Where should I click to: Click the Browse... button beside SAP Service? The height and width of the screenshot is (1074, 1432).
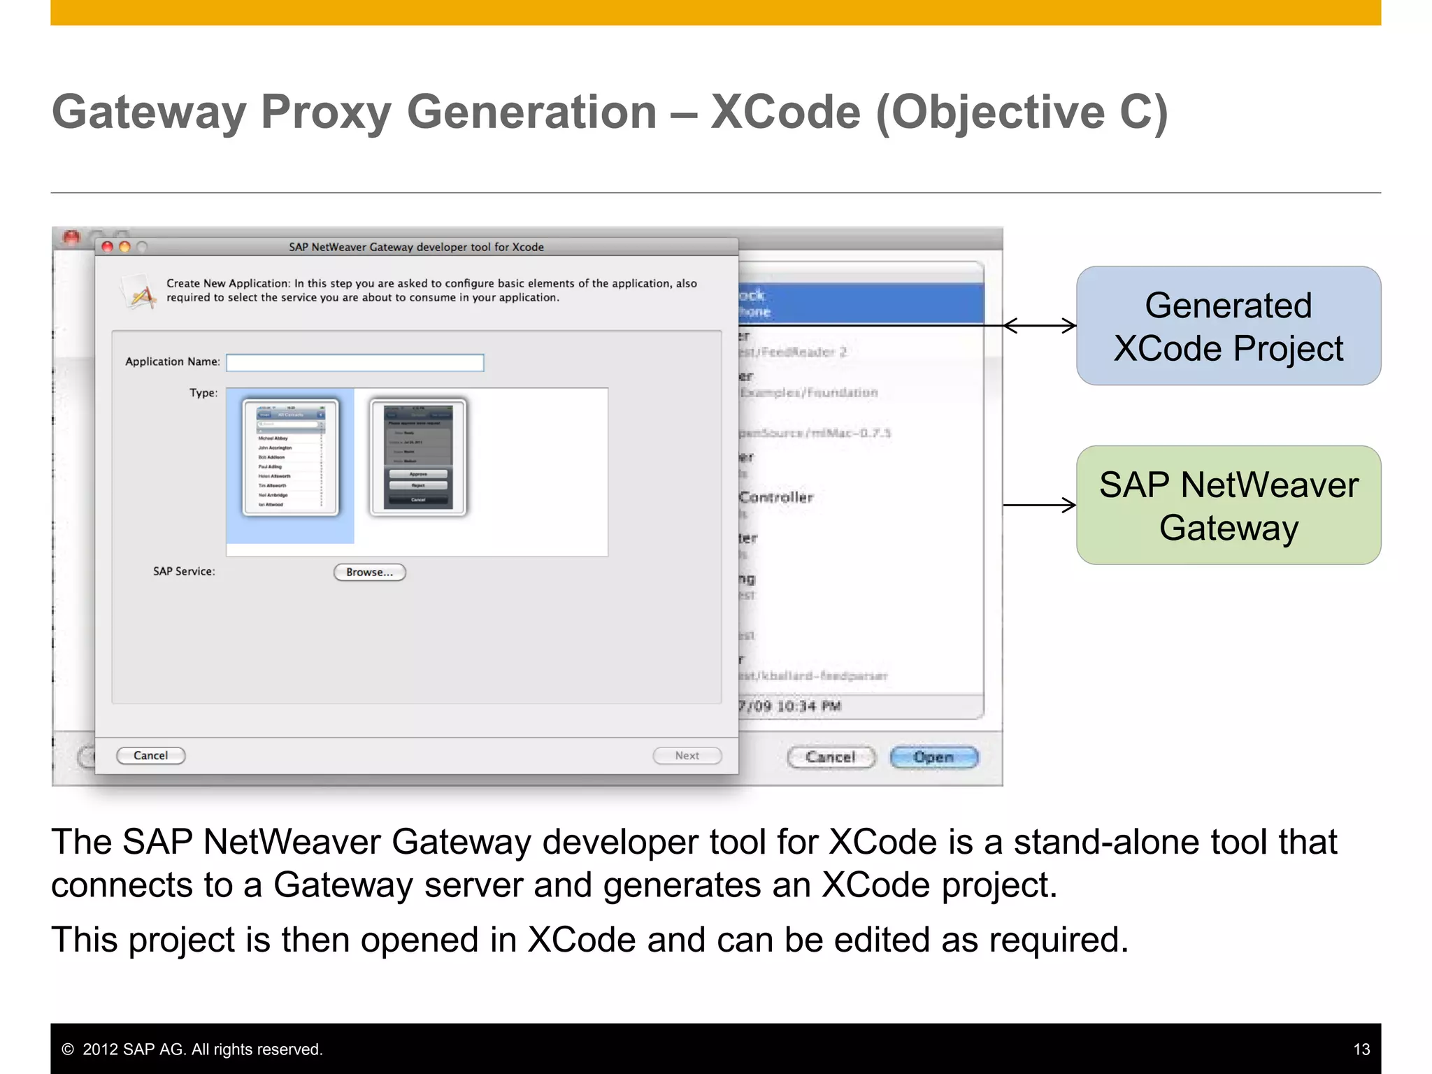(369, 572)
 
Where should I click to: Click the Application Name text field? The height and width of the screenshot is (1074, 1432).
(355, 362)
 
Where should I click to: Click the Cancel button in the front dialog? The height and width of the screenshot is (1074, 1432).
(150, 755)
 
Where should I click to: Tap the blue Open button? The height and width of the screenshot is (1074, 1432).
(933, 757)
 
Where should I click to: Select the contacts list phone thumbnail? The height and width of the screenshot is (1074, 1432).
(290, 457)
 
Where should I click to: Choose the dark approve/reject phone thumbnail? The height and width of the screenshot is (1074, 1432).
(418, 457)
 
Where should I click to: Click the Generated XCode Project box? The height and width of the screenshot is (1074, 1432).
(1228, 326)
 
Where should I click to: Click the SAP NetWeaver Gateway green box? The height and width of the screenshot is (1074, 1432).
(1228, 505)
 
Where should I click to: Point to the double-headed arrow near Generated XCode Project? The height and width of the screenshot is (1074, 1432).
(1039, 325)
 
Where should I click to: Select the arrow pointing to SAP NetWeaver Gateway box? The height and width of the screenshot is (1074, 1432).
(1039, 505)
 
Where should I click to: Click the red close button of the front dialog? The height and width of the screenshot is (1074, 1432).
(107, 247)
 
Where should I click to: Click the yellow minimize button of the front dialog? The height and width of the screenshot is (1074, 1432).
(124, 247)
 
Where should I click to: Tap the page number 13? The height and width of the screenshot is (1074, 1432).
(1361, 1049)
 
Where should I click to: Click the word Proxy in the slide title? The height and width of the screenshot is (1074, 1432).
(325, 112)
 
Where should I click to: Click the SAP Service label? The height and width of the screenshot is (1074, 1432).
(184, 571)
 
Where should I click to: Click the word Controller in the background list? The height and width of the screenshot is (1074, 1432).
(777, 497)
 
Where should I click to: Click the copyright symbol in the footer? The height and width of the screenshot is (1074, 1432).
(68, 1050)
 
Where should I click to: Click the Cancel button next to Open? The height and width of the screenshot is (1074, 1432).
(831, 757)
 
